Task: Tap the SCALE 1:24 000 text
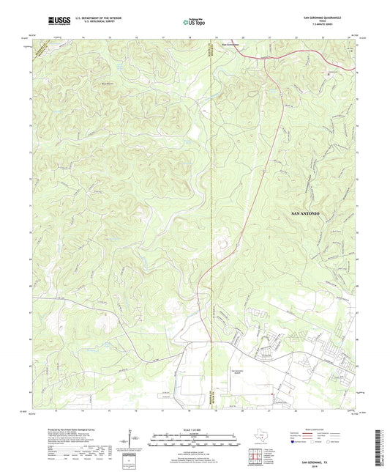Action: coord(195,429)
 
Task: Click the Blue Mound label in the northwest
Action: coord(108,83)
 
